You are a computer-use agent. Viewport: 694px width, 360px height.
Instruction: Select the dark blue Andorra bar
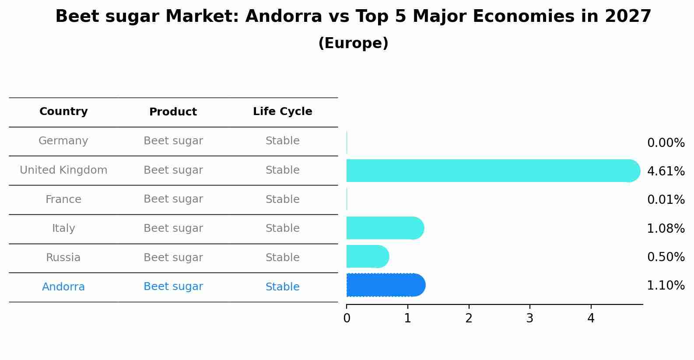click(x=385, y=285)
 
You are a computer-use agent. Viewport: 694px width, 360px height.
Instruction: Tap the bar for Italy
click(x=385, y=228)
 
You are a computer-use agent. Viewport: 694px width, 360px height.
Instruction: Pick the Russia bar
click(x=367, y=256)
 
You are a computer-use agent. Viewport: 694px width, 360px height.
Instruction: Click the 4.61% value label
click(x=666, y=171)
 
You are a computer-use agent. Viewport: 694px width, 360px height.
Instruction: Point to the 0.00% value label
click(x=666, y=143)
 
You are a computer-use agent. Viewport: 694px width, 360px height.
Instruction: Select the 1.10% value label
click(x=666, y=286)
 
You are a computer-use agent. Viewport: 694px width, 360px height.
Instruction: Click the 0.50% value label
click(x=666, y=257)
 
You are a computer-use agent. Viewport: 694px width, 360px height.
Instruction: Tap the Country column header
click(x=63, y=112)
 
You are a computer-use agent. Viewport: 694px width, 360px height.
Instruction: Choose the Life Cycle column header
click(x=282, y=112)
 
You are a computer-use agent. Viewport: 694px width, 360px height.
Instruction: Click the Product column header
click(x=173, y=112)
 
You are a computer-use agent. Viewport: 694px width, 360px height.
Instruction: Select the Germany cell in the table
click(x=63, y=141)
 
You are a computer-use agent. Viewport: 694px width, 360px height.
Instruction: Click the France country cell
click(x=63, y=199)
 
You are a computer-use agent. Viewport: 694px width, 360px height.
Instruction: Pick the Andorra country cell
click(x=63, y=287)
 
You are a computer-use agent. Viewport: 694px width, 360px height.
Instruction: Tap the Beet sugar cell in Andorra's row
click(x=173, y=287)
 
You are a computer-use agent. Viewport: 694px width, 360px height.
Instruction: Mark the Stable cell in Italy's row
click(x=282, y=228)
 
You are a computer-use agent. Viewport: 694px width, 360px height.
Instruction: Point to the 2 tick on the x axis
click(x=469, y=318)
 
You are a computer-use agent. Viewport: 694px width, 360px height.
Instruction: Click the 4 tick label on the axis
click(x=591, y=318)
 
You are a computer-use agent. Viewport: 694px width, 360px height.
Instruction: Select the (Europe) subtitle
click(x=353, y=43)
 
